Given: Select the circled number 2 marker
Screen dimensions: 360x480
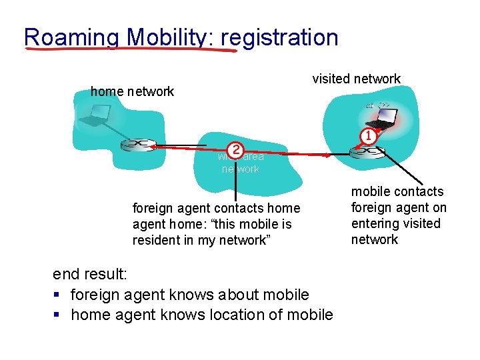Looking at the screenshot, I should (x=235, y=149).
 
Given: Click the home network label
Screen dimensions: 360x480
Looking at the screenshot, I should (x=132, y=91).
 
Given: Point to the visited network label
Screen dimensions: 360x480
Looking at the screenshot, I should (x=356, y=79).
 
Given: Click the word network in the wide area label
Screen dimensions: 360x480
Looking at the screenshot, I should (x=241, y=169).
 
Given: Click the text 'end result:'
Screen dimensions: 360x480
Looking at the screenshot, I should (x=91, y=274).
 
